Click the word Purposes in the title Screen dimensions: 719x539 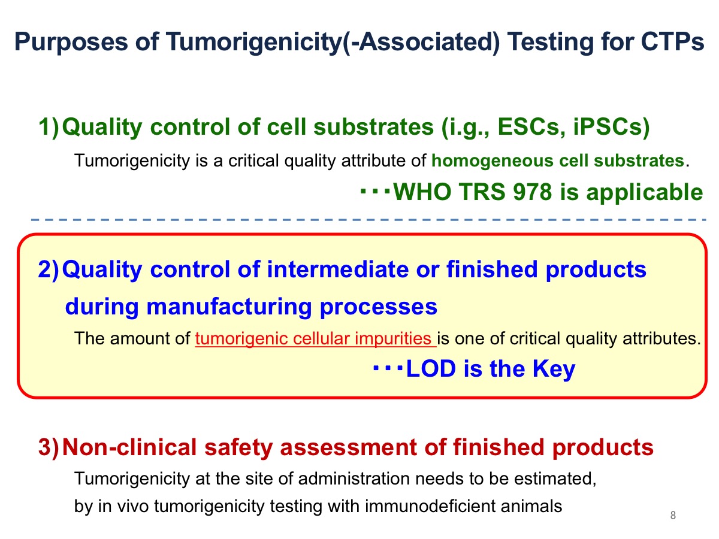pyautogui.click(x=71, y=43)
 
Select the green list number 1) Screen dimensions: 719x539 pyautogui.click(x=49, y=127)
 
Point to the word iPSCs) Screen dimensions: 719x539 pyautogui.click(x=611, y=127)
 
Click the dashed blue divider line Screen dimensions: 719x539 pyautogui.click(x=368, y=220)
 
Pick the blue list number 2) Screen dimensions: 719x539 pyautogui.click(x=49, y=269)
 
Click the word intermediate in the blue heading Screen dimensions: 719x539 pyautogui.click(x=338, y=269)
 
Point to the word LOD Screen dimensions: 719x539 pyautogui.click(x=431, y=369)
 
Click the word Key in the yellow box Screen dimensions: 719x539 pyautogui.click(x=554, y=370)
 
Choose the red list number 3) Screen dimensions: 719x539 pyautogui.click(x=49, y=447)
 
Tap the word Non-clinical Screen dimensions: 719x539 pyautogui.click(x=129, y=447)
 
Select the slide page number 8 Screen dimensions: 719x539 pyautogui.click(x=673, y=516)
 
